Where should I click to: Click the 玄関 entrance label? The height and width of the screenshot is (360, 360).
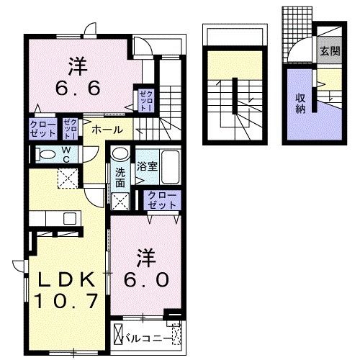pyautogui.click(x=330, y=51)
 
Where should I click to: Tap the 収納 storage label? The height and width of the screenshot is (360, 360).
pyautogui.click(x=300, y=103)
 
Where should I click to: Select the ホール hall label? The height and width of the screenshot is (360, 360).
pyautogui.click(x=107, y=130)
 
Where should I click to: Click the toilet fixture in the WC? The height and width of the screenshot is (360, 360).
pyautogui.click(x=45, y=154)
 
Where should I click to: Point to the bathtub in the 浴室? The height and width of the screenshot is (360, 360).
pyautogui.click(x=171, y=167)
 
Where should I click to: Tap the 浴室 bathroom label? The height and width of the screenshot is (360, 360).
pyautogui.click(x=147, y=166)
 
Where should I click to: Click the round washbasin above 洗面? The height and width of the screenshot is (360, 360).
pyautogui.click(x=121, y=153)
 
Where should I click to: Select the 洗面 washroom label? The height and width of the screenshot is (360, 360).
pyautogui.click(x=120, y=178)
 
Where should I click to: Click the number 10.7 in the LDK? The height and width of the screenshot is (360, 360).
pyautogui.click(x=66, y=301)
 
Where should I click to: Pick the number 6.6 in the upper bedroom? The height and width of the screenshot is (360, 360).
pyautogui.click(x=78, y=88)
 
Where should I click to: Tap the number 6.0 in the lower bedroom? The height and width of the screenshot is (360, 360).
pyautogui.click(x=146, y=280)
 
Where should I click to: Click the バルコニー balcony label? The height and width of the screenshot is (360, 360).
pyautogui.click(x=147, y=338)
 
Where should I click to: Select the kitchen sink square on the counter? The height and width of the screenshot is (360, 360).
pyautogui.click(x=70, y=218)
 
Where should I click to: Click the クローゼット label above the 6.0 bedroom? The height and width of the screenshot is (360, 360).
pyautogui.click(x=162, y=200)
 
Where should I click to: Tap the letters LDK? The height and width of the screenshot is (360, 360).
pyautogui.click(x=66, y=280)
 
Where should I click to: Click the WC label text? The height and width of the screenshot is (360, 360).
pyautogui.click(x=66, y=155)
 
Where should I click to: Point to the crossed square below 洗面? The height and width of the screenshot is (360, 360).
pyautogui.click(x=120, y=201)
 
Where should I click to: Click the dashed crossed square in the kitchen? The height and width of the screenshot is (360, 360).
pyautogui.click(x=68, y=179)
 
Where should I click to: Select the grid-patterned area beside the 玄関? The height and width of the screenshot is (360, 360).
pyautogui.click(x=297, y=35)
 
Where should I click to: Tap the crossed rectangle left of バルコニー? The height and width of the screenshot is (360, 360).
pyautogui.click(x=118, y=334)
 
